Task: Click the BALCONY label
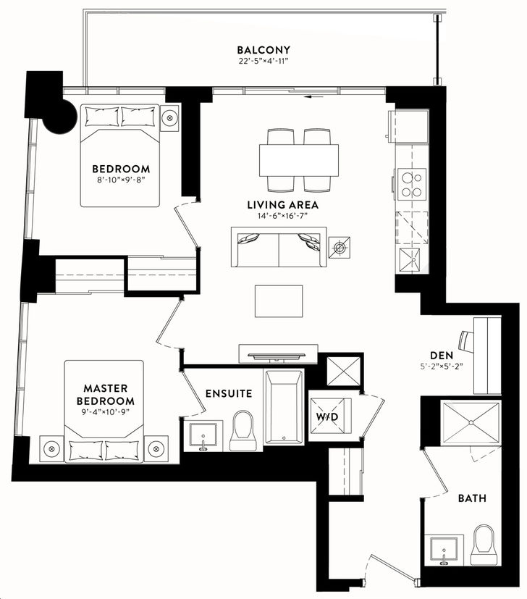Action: (x=263, y=50)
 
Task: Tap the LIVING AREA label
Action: (x=282, y=205)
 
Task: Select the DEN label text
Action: (x=442, y=356)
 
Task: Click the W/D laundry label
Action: (x=327, y=416)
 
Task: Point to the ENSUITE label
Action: (x=229, y=393)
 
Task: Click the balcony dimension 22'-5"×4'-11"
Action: (x=263, y=62)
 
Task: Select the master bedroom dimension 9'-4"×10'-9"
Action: (x=106, y=411)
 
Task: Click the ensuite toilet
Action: (x=242, y=430)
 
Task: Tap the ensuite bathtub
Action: (x=284, y=407)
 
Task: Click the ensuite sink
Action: (x=203, y=436)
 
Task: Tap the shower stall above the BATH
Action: (x=471, y=422)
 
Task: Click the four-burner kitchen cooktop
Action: (x=412, y=184)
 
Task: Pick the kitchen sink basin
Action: (x=409, y=260)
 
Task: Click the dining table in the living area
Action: (x=299, y=160)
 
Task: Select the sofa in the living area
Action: (x=279, y=247)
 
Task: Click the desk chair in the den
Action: (x=466, y=340)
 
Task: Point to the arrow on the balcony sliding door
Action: (x=314, y=96)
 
